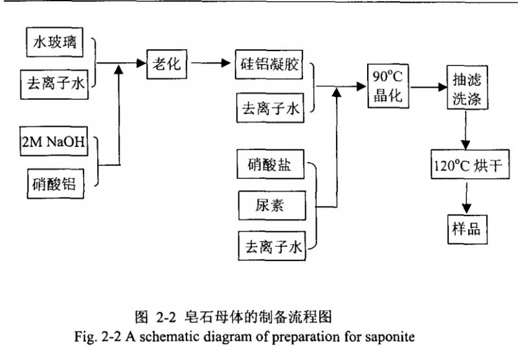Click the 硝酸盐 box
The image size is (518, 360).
[x=270, y=164]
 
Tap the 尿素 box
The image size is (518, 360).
[x=270, y=205]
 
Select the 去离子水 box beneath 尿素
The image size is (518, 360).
[x=270, y=246]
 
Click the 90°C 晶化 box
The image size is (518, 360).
[x=388, y=86]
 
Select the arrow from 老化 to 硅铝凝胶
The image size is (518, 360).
[x=211, y=65]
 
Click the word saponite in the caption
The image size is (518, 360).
[x=386, y=337]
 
